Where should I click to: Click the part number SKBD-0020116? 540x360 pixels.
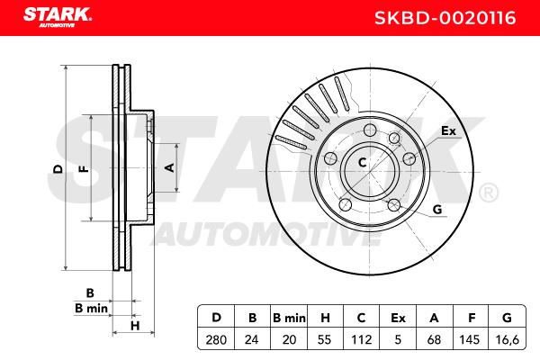click(x=445, y=18)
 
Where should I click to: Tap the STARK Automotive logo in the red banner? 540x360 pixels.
click(x=58, y=17)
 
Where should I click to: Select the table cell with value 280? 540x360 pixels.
click(x=216, y=340)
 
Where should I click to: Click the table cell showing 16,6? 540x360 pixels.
click(x=508, y=340)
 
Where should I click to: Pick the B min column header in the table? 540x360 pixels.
click(x=289, y=318)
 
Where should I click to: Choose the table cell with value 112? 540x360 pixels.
click(x=361, y=340)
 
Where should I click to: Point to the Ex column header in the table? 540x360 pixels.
click(x=398, y=318)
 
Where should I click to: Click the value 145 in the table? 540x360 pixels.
click(x=470, y=340)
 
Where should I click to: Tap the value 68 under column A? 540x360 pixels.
click(x=434, y=340)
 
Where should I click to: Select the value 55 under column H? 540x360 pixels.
click(x=325, y=340)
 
